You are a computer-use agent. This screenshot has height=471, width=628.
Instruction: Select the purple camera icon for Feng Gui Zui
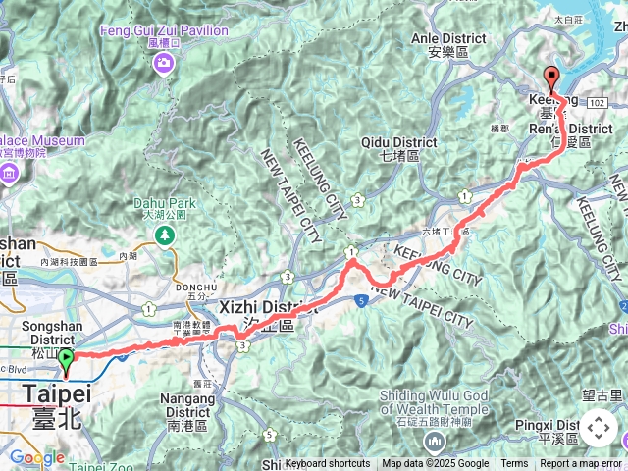click(162, 63)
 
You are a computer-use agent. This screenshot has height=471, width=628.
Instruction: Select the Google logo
click(37, 457)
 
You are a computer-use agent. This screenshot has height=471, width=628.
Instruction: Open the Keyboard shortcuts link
click(328, 464)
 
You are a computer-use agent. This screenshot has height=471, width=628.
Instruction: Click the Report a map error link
click(581, 464)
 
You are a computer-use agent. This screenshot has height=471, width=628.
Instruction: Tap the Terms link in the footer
click(514, 464)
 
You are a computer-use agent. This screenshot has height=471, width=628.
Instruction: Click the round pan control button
click(599, 429)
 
